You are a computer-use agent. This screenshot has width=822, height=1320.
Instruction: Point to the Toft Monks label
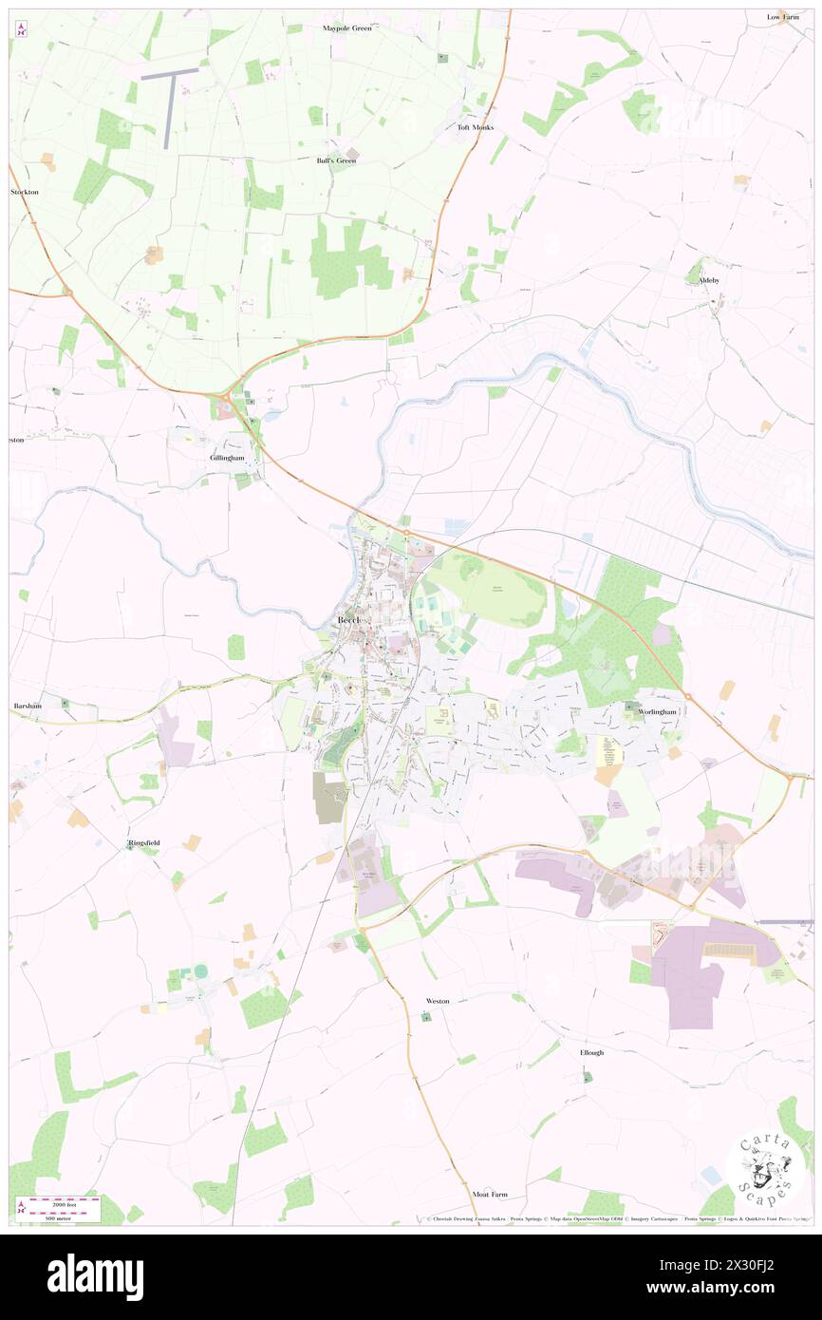pos(476,127)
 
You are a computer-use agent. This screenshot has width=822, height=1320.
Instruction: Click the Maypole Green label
pos(347,28)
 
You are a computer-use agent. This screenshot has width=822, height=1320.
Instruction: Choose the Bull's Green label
pos(336,160)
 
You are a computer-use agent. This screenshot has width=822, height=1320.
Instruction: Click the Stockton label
pos(25,192)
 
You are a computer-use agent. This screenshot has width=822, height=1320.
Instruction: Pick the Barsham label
pos(27,707)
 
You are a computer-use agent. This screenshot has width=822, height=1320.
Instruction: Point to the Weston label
pos(438,1001)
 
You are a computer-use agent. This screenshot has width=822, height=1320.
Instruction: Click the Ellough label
pos(591,1053)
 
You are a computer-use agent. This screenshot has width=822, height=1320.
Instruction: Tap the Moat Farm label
pos(490,1194)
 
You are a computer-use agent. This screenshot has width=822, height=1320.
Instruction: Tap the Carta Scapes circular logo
pos(765,1169)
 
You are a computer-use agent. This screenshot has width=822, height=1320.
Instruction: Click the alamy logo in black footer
pos(95,1276)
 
